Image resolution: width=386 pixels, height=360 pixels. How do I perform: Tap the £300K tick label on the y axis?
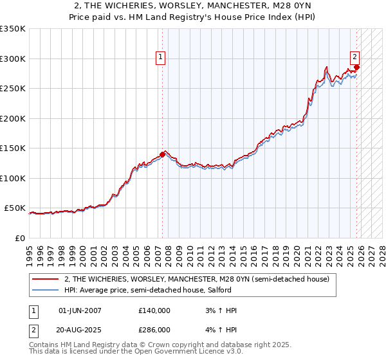click(13, 59)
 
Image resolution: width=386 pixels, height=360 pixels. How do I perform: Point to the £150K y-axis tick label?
click(13, 148)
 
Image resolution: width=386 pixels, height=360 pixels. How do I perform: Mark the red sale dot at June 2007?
click(162, 154)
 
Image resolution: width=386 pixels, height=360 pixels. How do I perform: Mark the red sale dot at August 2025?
click(357, 67)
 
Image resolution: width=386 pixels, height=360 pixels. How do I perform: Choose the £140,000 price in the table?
click(154, 310)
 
